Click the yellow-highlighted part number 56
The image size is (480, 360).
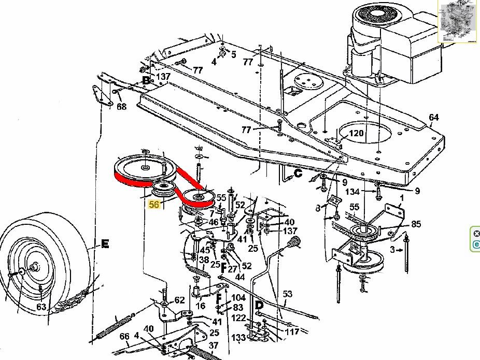(154, 204)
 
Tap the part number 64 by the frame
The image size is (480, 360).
(433, 117)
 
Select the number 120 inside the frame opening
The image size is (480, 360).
(356, 133)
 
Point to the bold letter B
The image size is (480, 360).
(146, 80)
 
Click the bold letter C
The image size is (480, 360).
(298, 173)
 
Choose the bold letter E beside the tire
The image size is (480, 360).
(105, 244)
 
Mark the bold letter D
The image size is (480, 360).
(259, 305)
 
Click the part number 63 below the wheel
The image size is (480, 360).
(41, 307)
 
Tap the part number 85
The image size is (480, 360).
(416, 224)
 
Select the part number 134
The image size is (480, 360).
(352, 192)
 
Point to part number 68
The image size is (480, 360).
(121, 106)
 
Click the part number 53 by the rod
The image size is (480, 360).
(287, 294)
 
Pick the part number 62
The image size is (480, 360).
(179, 300)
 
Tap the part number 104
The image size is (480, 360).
(238, 298)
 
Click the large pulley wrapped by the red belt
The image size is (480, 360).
(145, 168)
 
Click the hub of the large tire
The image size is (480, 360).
(33, 268)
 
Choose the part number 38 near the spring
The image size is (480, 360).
(204, 260)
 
